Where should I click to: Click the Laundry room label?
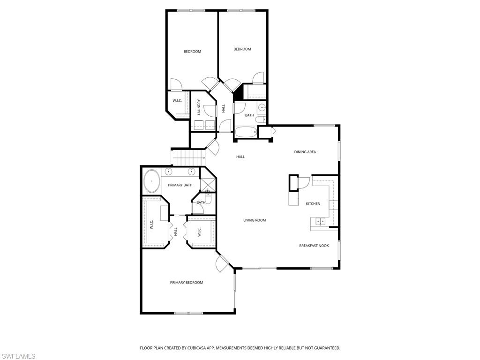click(199, 107)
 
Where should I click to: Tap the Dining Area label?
click(305, 152)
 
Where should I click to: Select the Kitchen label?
click(313, 203)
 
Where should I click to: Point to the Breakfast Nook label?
click(314, 246)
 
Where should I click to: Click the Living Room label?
click(255, 220)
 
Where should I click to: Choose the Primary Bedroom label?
click(187, 283)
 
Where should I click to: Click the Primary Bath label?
click(180, 185)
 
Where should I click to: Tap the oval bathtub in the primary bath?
click(151, 181)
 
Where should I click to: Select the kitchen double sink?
click(321, 221)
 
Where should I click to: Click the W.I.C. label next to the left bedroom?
click(177, 101)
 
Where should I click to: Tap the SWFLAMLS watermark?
click(18, 356)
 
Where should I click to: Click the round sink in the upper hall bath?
click(262, 108)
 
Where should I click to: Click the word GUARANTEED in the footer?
click(326, 348)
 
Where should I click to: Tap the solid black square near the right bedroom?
click(238, 91)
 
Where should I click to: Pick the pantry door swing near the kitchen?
click(302, 183)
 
